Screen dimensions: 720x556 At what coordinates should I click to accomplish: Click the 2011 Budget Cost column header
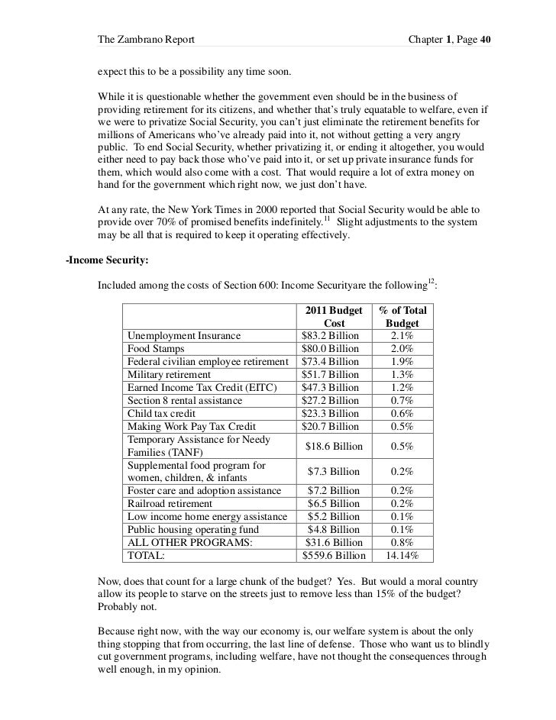point(334,317)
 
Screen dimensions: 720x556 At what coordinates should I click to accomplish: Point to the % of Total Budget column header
point(402,317)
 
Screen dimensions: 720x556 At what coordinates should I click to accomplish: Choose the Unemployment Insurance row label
point(184,336)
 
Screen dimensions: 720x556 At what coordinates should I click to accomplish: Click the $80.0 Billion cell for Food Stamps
point(331,349)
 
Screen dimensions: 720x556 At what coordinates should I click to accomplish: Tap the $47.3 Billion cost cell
point(331,388)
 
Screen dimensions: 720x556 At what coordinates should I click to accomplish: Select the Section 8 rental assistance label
point(185,401)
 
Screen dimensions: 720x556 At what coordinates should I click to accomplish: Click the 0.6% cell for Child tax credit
point(402,414)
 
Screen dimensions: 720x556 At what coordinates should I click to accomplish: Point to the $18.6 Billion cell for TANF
point(334,446)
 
